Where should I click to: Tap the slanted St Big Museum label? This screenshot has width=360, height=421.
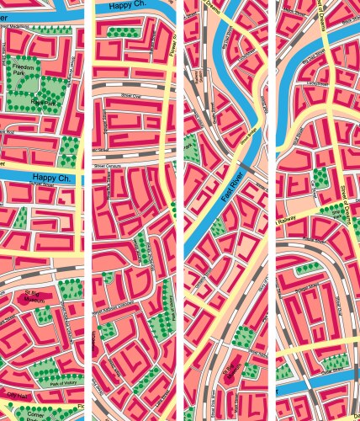click(x=230, y=370)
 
